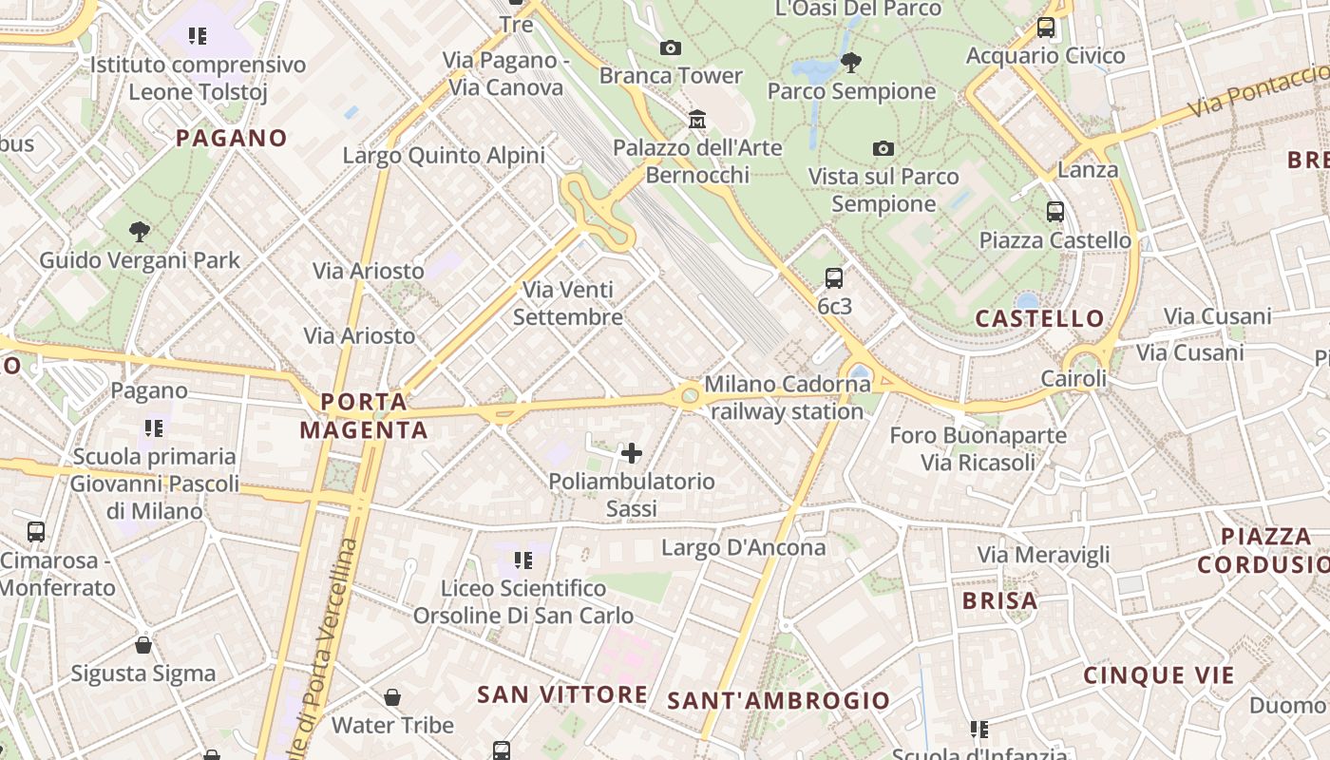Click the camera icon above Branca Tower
(670, 47)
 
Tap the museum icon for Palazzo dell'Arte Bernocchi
(697, 119)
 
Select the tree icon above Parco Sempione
(850, 63)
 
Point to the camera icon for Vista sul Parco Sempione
(883, 148)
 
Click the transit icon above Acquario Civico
(1046, 28)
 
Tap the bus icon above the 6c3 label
(834, 277)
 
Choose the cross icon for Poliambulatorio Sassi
(632, 452)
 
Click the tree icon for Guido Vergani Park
(140, 231)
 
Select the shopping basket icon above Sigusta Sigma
(143, 645)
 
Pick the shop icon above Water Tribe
(392, 697)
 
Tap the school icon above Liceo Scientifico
(522, 560)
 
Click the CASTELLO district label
(1040, 318)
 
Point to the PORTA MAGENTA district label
(364, 416)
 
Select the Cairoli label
(1073, 379)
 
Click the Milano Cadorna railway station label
(787, 398)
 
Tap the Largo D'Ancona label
(744, 547)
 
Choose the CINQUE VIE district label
(1159, 675)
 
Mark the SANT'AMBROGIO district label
(779, 701)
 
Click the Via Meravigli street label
(1044, 555)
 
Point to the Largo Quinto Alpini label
(444, 156)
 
